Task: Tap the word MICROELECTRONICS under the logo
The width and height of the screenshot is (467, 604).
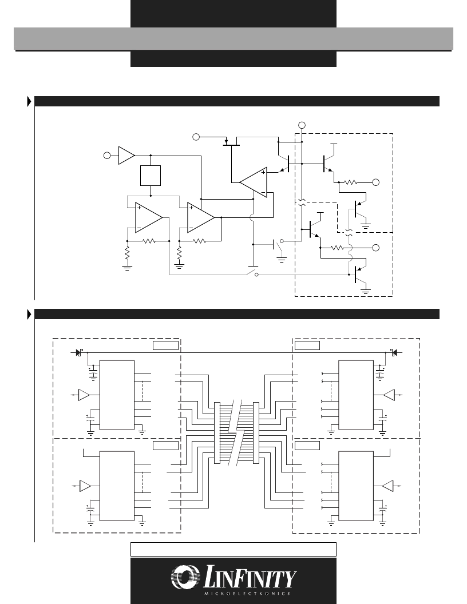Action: point(247,593)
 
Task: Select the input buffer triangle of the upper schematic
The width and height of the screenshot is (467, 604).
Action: point(126,155)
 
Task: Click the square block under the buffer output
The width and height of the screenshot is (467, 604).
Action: point(151,176)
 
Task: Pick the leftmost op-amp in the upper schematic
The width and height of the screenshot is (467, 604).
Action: point(149,218)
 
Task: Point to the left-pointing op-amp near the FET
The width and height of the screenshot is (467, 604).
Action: point(253,182)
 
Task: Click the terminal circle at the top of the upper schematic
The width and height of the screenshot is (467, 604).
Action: point(302,125)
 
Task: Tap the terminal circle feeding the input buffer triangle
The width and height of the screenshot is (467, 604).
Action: point(107,156)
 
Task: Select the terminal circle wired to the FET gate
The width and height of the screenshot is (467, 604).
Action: point(196,137)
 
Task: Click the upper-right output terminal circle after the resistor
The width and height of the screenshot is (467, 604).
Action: point(375,182)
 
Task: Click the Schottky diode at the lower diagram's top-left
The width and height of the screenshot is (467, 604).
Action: point(80,352)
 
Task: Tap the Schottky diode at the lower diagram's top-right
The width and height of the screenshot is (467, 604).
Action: point(393,352)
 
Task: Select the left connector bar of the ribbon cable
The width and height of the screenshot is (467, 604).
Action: point(217,432)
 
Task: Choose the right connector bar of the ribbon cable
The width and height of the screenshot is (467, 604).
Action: point(256,432)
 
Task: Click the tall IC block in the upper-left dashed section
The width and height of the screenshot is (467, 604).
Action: point(117,395)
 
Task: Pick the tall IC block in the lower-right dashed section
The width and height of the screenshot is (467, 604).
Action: point(355,486)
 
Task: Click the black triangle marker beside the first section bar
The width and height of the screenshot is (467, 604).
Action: point(29,101)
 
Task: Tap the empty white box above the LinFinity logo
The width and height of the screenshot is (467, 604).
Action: point(233,549)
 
